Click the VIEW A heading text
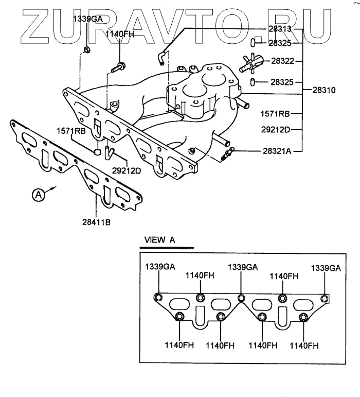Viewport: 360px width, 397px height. [159, 240]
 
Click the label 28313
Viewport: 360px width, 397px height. [281, 29]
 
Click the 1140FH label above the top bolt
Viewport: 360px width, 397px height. [120, 34]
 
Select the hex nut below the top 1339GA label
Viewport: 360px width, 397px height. [87, 50]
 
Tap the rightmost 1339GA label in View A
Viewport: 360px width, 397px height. [325, 268]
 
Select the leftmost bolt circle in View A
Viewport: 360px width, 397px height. [158, 298]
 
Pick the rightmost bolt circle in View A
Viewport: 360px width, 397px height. [324, 298]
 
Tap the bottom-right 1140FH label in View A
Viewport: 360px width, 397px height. [304, 344]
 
